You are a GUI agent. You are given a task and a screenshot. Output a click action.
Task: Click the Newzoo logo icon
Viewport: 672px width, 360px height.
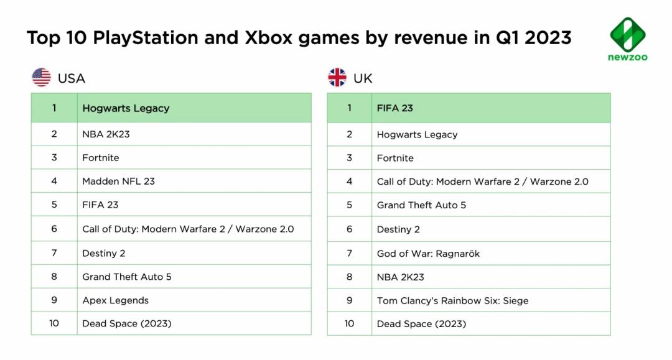click(x=628, y=34)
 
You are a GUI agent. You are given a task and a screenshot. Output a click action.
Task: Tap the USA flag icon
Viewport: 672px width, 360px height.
click(x=42, y=78)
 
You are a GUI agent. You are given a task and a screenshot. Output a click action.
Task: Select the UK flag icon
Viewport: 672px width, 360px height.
click(x=337, y=78)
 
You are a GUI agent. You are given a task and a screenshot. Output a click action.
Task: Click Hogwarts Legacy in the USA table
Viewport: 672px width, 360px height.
click(x=126, y=108)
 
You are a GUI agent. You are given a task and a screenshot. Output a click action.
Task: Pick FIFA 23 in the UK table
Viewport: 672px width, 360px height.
click(x=395, y=108)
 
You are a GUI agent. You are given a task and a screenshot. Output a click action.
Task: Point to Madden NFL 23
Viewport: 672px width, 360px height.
click(x=118, y=182)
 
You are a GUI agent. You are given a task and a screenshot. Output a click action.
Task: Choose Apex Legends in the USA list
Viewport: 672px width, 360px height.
click(x=115, y=300)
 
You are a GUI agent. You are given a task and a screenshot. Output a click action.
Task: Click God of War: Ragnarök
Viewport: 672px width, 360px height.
click(x=428, y=254)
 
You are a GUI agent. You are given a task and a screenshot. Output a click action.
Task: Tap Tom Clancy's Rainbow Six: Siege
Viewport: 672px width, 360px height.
click(x=452, y=301)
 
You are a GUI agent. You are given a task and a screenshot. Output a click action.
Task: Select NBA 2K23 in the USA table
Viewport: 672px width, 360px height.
click(x=106, y=134)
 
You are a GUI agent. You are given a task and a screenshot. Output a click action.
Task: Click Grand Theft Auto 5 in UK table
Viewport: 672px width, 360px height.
click(x=421, y=205)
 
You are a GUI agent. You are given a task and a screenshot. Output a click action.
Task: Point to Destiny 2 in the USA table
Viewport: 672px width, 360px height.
click(x=104, y=254)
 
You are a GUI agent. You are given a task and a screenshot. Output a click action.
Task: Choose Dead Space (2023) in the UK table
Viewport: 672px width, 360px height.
click(x=421, y=324)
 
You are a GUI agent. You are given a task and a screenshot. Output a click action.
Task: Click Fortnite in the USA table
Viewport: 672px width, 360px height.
click(x=101, y=158)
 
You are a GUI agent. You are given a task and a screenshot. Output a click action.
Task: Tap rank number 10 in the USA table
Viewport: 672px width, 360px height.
click(x=54, y=324)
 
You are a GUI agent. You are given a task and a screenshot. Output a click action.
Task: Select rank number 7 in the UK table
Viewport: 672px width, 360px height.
click(x=350, y=254)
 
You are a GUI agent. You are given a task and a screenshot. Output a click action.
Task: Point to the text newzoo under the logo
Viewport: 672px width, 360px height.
click(x=628, y=58)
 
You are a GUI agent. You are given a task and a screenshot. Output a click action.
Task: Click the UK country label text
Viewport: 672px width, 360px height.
click(x=363, y=78)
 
